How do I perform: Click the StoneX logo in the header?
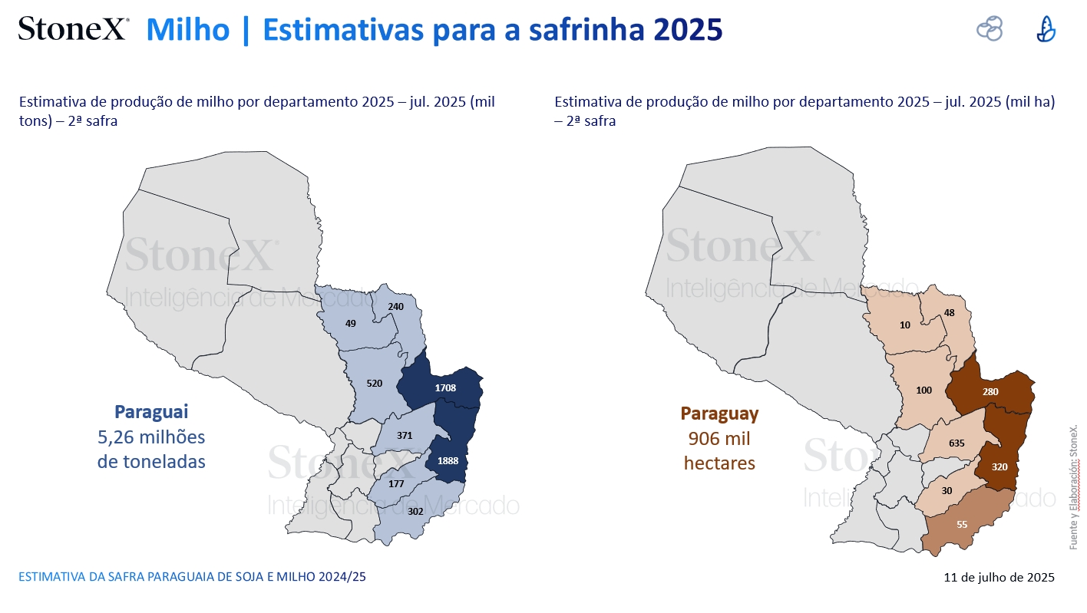pyautogui.click(x=74, y=28)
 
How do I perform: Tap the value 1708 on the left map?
pyautogui.click(x=445, y=388)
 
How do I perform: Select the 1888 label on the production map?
pyautogui.click(x=448, y=461)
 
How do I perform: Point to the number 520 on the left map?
pyautogui.click(x=374, y=383)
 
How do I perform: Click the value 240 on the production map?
pyautogui.click(x=395, y=307)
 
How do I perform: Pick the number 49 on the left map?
pyautogui.click(x=350, y=324)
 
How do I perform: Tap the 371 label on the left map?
pyautogui.click(x=405, y=436)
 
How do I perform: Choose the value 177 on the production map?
pyautogui.click(x=396, y=483)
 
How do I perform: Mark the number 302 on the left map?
pyautogui.click(x=415, y=511)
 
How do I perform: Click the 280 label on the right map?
pyautogui.click(x=990, y=391)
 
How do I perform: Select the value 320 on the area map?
pyautogui.click(x=999, y=466)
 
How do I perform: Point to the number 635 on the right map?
pyautogui.click(x=956, y=443)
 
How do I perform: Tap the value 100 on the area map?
pyautogui.click(x=924, y=390)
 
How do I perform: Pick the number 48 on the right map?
pyautogui.click(x=949, y=313)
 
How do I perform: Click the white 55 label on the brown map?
pyautogui.click(x=962, y=524)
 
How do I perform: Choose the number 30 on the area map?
pyautogui.click(x=947, y=491)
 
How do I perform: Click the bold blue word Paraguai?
pyautogui.click(x=151, y=412)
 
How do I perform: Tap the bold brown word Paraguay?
pyautogui.click(x=719, y=414)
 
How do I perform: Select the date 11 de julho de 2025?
pyautogui.click(x=999, y=577)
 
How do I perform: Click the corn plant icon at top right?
pyautogui.click(x=1046, y=29)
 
